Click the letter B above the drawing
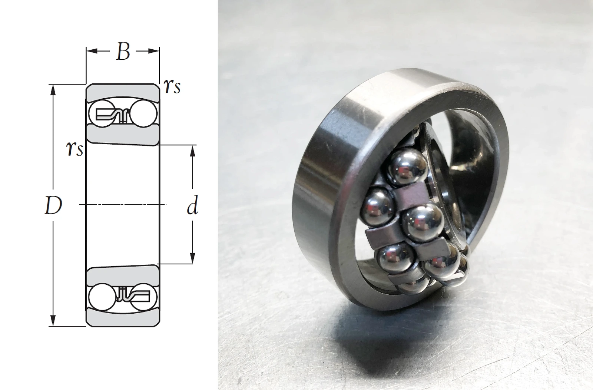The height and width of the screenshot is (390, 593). point(123,52)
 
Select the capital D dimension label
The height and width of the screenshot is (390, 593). point(53,205)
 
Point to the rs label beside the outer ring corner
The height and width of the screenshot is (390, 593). point(172,86)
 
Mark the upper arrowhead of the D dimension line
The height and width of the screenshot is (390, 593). point(53,90)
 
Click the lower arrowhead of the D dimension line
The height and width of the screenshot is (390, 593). point(53,320)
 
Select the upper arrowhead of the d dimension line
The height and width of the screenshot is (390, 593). point(193,151)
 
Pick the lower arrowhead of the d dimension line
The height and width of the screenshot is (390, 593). point(193,258)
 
